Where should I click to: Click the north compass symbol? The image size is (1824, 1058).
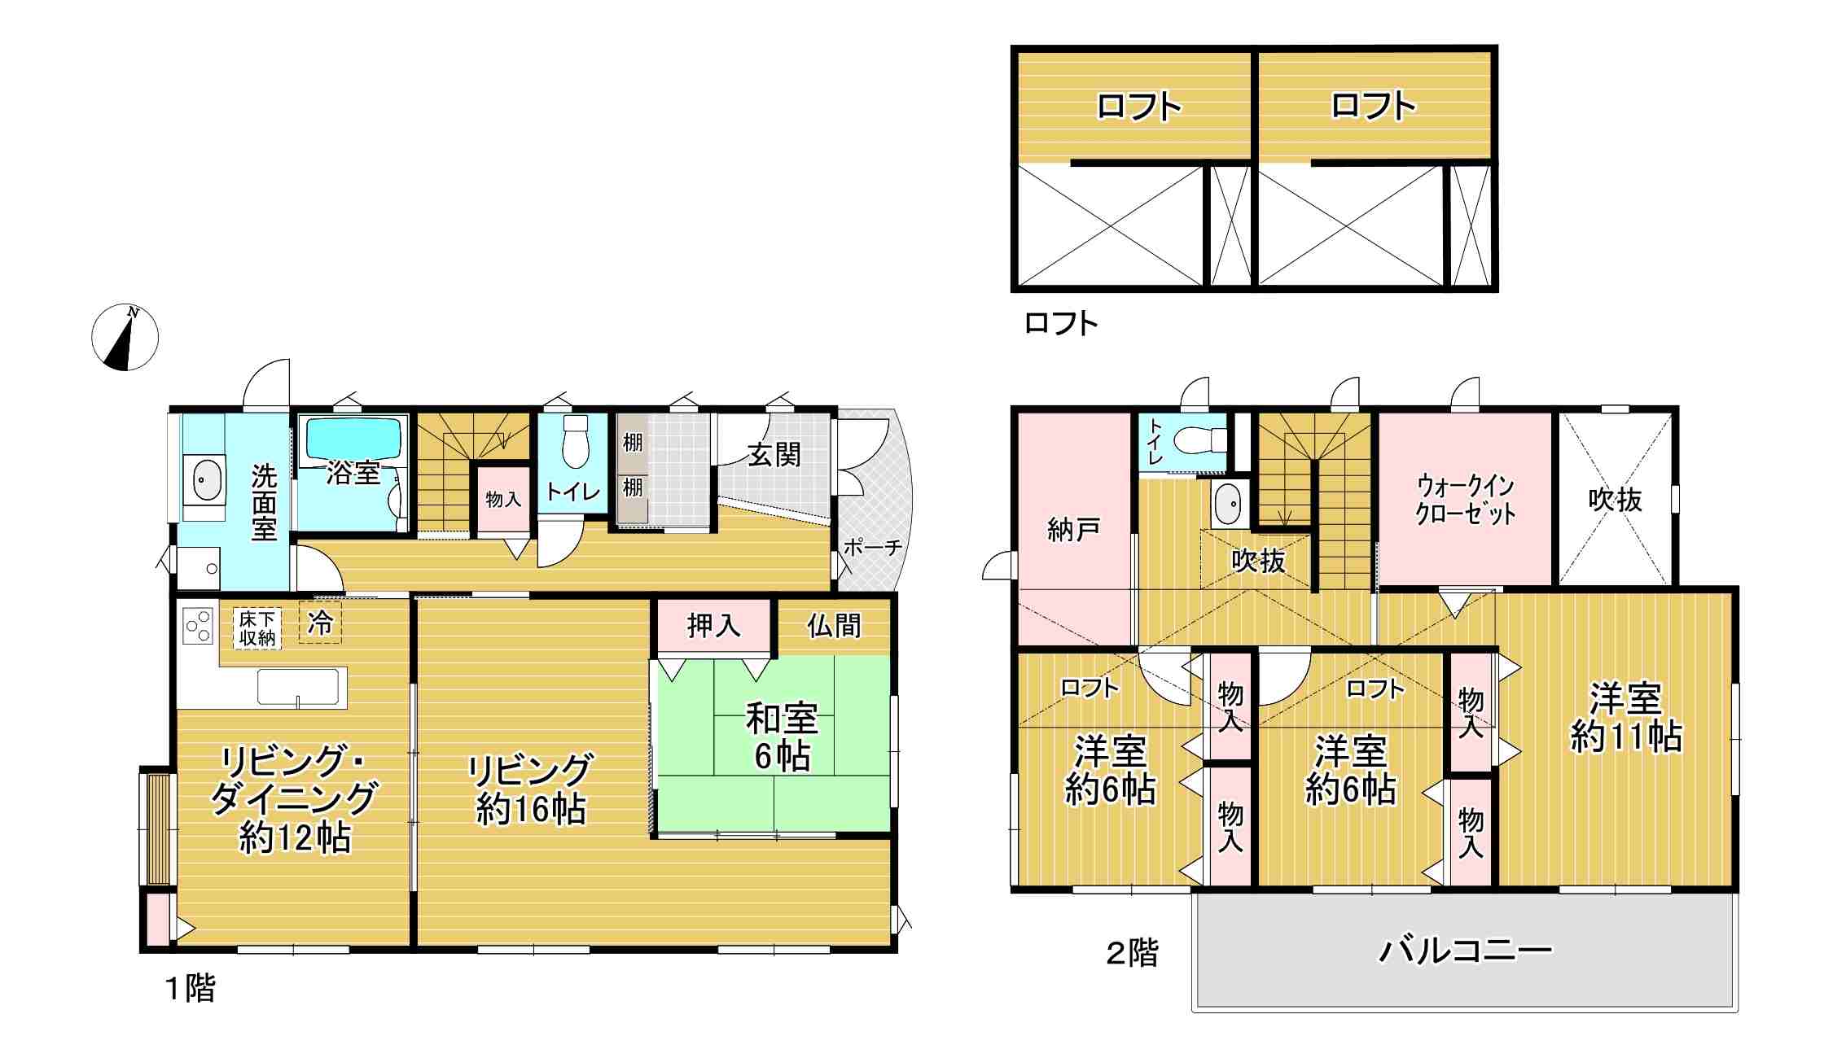point(125,338)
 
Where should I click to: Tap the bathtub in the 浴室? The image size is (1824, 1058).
point(355,440)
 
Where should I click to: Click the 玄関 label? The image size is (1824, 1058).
point(774,455)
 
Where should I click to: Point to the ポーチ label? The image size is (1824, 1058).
point(873,547)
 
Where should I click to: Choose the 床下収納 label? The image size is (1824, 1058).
point(256,628)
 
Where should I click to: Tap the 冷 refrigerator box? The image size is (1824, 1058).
point(320,623)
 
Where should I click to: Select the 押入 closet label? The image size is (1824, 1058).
point(713,625)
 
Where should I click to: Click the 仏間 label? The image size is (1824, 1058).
point(834,625)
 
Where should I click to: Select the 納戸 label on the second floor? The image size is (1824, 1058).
point(1073,529)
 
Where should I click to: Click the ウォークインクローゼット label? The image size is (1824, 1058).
point(1465,500)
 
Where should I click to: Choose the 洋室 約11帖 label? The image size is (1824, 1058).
point(1626,718)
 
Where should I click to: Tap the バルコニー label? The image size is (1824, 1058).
point(1465,950)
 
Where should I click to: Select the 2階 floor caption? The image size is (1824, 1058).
point(1131,952)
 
